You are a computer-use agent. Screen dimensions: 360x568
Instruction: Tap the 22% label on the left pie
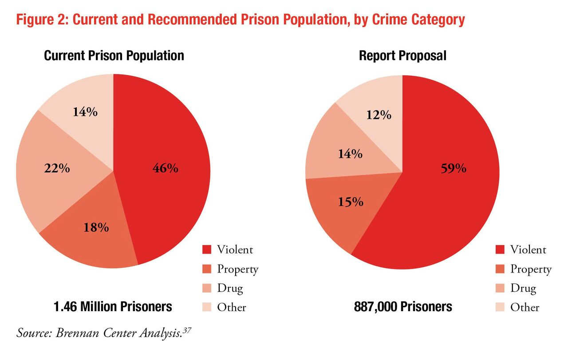point(57,169)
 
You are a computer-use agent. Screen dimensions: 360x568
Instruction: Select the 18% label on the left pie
point(96,228)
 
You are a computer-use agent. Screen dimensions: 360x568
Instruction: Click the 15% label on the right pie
point(351,202)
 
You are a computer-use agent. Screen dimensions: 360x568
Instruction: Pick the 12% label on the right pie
point(379,115)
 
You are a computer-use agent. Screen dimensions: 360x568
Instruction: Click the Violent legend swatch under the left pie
point(207,249)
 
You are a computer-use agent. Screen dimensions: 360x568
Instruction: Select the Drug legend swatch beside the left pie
point(207,288)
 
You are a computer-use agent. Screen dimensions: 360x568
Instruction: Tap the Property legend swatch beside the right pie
point(500,269)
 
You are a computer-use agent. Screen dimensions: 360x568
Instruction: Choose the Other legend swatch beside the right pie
point(500,307)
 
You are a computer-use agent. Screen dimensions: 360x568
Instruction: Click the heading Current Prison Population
point(114,55)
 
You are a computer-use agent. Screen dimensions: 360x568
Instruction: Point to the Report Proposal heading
point(402,55)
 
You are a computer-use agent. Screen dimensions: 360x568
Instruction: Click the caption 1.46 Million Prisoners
point(113,306)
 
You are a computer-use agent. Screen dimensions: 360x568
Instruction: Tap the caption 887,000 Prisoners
point(403,306)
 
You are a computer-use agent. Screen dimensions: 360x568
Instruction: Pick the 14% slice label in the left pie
point(85,112)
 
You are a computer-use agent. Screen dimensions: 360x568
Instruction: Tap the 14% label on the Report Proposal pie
point(350,154)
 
